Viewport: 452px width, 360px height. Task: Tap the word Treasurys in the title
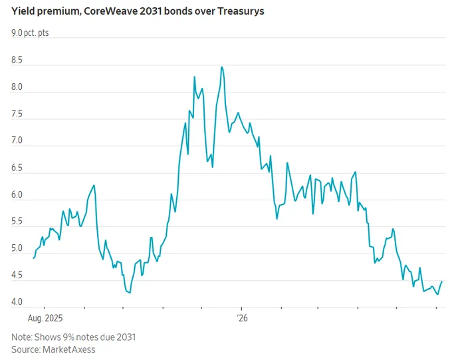pos(241,11)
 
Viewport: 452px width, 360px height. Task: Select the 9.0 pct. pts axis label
pos(30,33)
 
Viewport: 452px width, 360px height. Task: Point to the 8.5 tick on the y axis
pos(17,60)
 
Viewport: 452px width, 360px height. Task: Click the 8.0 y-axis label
pos(17,87)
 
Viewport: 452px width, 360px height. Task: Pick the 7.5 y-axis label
pos(17,114)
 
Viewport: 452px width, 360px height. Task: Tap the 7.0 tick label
pos(17,140)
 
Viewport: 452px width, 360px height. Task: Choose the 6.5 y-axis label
pos(17,168)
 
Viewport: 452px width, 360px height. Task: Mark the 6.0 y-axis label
pos(17,194)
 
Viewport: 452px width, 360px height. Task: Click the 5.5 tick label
pos(17,222)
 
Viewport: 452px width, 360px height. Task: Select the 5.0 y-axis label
pos(17,248)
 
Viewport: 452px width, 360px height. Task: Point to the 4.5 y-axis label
pos(17,275)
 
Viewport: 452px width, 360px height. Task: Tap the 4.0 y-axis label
pos(17,301)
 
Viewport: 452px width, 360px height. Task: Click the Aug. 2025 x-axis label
pos(45,318)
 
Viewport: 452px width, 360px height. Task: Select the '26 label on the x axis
pos(242,318)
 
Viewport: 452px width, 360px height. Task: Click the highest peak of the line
pos(221,67)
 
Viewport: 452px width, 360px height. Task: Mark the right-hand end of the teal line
pos(441,281)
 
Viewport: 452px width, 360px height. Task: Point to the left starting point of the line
pos(33,258)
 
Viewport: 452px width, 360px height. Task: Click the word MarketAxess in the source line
pos(69,349)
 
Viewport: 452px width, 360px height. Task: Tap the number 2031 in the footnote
pos(126,337)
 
